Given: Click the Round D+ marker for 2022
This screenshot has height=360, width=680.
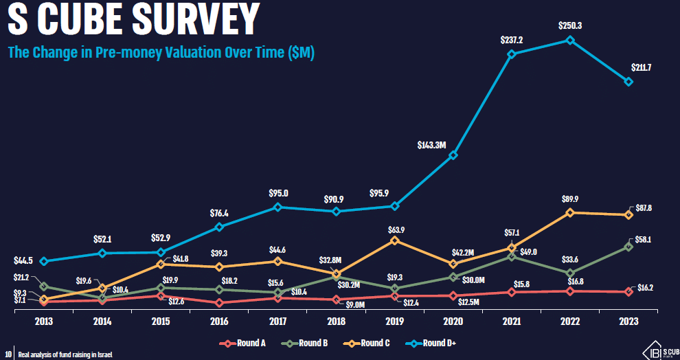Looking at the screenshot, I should (570, 40).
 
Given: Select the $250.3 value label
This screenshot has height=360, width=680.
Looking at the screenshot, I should (570, 25).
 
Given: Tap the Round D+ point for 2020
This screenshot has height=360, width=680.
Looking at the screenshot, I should (453, 155).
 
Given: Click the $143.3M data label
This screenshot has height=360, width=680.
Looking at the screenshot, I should (432, 145).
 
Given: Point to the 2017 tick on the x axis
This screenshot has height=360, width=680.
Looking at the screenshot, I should (277, 322).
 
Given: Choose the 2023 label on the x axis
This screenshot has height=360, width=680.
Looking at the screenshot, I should (628, 322).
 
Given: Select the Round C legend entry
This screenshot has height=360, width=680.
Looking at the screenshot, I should (371, 343).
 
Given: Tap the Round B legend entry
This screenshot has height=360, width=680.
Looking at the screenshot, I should (309, 343).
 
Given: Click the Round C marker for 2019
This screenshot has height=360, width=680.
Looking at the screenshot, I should (394, 240).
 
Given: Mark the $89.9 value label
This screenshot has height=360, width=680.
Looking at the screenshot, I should (570, 199).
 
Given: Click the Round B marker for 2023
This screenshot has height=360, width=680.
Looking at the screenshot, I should (628, 247).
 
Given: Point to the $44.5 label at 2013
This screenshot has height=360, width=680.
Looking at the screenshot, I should (24, 261).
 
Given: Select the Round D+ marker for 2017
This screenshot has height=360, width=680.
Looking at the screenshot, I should (277, 207).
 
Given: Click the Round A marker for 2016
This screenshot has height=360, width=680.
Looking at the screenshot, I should (219, 303).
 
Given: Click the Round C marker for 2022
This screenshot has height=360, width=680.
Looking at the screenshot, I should (570, 213).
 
